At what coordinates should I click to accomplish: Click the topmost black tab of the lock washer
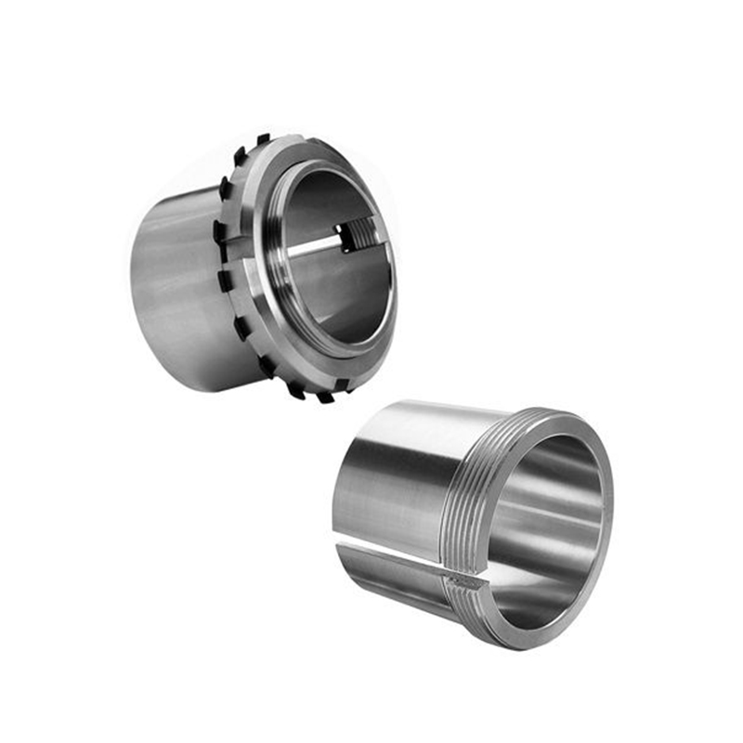263,139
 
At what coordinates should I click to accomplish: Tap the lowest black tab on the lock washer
325,397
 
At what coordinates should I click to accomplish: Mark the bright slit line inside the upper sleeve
311,245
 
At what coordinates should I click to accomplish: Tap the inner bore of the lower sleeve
548,529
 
